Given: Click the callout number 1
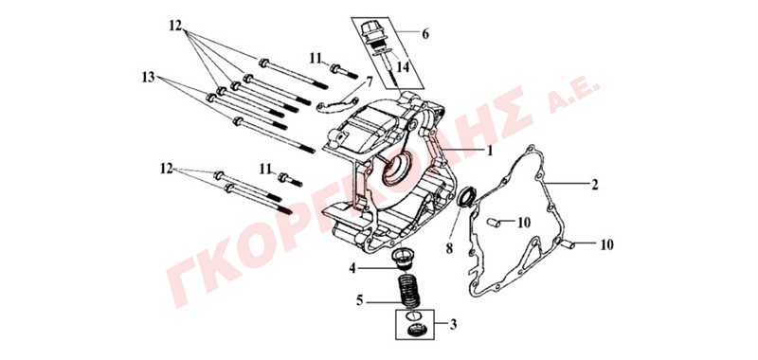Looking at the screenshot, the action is (x=490, y=152).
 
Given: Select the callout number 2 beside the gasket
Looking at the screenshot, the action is (x=595, y=184).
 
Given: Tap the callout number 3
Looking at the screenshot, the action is (x=453, y=324).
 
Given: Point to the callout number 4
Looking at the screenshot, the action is (x=352, y=268).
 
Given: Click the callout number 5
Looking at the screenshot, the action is (x=359, y=301).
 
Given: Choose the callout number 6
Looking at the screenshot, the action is (x=425, y=34).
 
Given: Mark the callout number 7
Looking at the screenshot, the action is (x=370, y=82).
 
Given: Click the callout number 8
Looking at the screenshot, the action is (x=449, y=248).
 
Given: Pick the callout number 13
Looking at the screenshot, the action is (x=149, y=77).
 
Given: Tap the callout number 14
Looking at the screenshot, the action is (x=403, y=67).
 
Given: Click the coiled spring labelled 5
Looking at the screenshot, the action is (x=408, y=290).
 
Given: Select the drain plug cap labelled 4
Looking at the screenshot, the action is (x=401, y=259).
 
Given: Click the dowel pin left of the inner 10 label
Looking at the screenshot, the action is (x=493, y=223).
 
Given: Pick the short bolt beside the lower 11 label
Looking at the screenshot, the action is (x=291, y=180).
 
